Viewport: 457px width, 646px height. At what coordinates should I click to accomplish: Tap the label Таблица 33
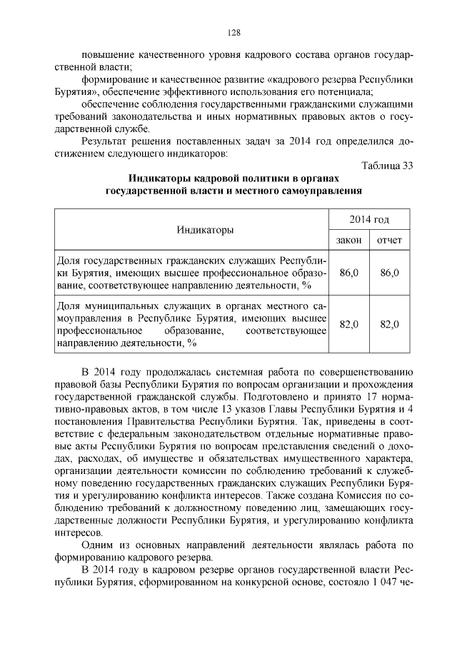387,166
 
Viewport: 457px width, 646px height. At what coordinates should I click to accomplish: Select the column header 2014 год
369,219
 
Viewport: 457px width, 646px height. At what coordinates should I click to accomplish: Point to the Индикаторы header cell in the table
192,230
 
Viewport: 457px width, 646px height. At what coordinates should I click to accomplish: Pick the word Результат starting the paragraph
107,141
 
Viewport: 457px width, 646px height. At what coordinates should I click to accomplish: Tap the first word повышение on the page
112,56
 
